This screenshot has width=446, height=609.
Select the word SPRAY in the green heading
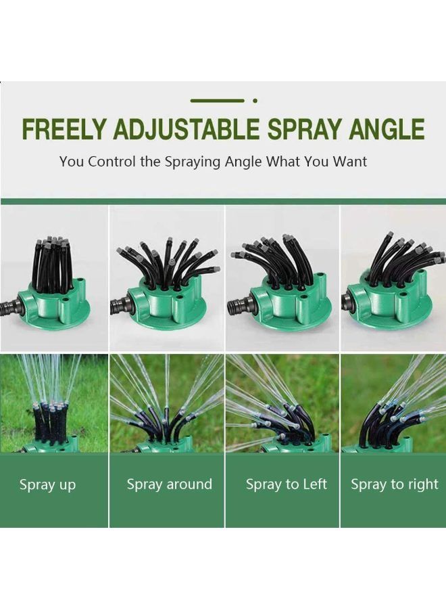coord(305,129)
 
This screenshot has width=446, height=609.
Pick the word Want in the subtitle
coord(349,162)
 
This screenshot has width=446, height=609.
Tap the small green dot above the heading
coord(255,101)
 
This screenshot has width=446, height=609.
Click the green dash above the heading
coord(217,101)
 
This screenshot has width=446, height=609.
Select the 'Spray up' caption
coord(47,484)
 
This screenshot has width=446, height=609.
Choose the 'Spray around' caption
coord(170,484)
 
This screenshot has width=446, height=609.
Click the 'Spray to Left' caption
coord(287,484)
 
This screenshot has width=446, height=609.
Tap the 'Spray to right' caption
coord(395,484)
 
